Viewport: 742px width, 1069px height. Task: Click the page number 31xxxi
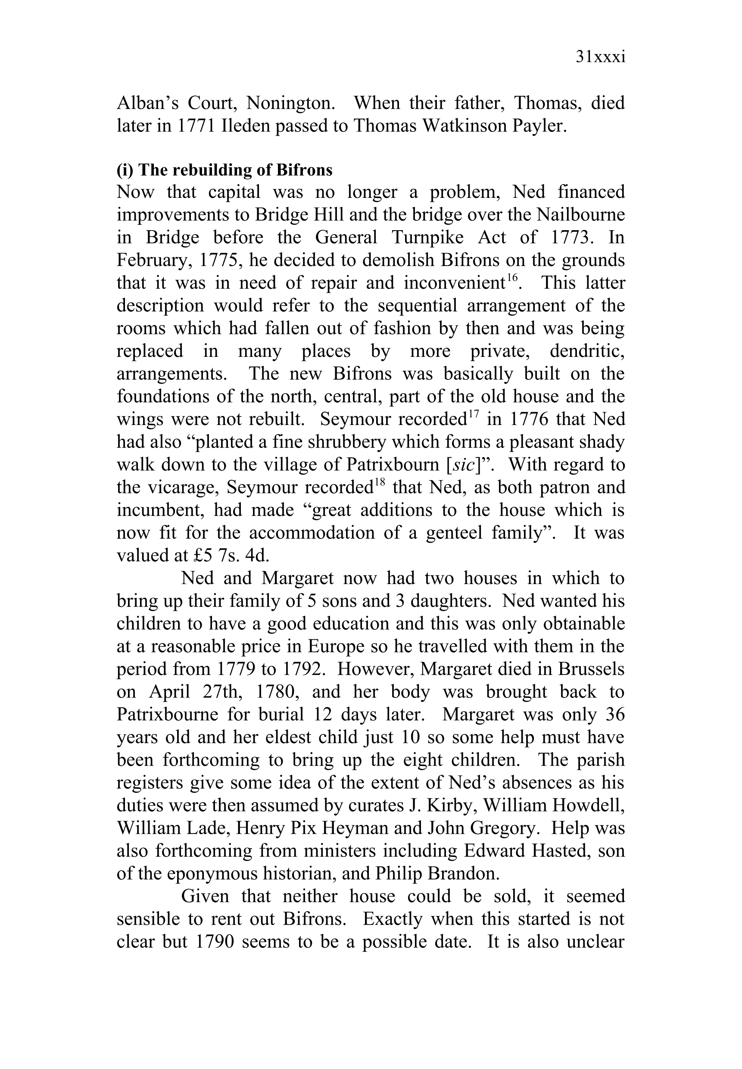600,57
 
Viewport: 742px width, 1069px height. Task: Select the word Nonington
290,103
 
